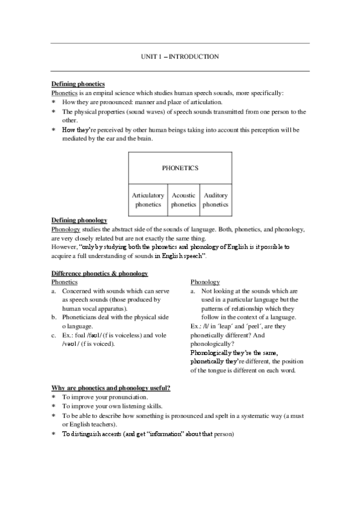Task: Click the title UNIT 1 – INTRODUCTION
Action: [180, 57]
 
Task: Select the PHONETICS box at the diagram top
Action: [180, 168]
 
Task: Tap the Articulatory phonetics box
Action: [147, 200]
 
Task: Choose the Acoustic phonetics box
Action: [183, 200]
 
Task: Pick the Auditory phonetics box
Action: [215, 200]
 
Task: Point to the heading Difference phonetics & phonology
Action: [99, 274]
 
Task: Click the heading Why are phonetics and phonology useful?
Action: [111, 389]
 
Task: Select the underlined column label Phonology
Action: [205, 282]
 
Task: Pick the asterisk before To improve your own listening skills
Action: [54, 407]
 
